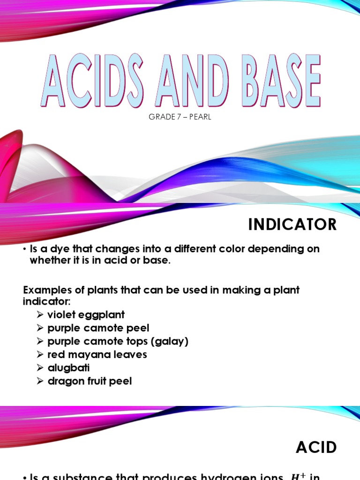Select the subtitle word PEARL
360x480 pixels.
coord(200,117)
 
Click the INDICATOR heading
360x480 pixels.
coord(292,225)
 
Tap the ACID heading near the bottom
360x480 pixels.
coord(316,448)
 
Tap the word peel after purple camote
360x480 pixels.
coord(139,328)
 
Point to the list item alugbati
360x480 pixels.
coord(68,368)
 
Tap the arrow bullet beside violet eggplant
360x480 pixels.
coord(40,315)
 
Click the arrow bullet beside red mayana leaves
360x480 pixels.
coord(40,355)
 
